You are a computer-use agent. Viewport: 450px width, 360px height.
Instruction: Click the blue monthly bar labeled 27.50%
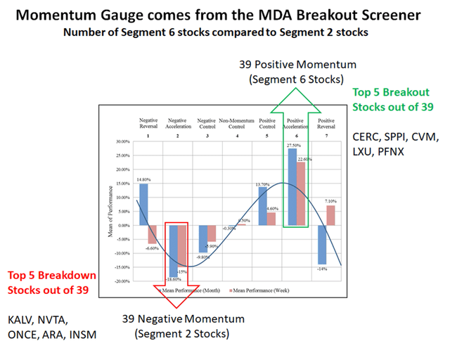[x=292, y=187]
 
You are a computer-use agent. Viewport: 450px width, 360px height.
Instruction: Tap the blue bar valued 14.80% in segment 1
[x=143, y=205]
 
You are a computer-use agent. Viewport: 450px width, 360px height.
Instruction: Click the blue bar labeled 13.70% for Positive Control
[x=262, y=206]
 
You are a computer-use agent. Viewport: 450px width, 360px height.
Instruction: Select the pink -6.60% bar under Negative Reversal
[x=153, y=234]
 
